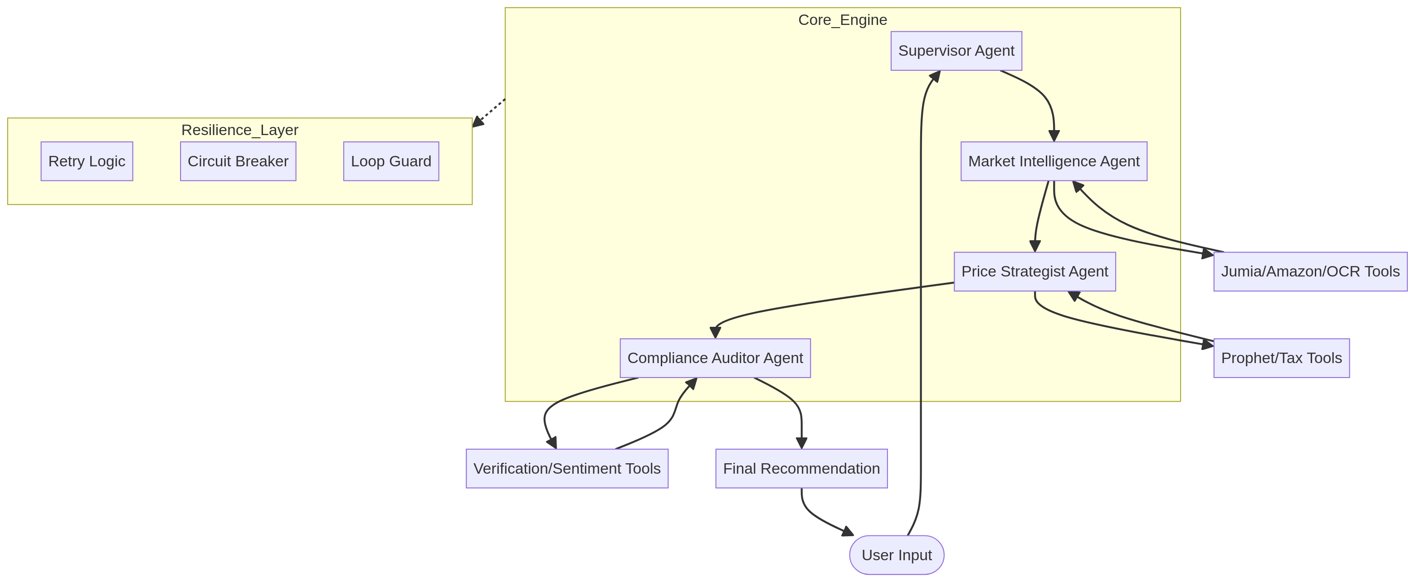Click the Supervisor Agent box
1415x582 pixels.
956,50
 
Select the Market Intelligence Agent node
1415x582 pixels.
1054,161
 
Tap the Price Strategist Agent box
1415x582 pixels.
1034,271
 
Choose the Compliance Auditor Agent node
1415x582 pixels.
715,358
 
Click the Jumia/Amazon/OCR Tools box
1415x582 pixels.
1310,271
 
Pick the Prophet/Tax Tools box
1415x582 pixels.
1281,358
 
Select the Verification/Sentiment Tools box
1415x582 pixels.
567,468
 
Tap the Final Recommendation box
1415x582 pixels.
801,468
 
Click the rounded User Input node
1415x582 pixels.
897,555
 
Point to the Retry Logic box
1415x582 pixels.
87,161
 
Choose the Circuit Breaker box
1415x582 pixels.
238,161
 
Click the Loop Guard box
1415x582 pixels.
390,161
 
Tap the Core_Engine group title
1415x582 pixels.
842,20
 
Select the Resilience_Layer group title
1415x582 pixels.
239,130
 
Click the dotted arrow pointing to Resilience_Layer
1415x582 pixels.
488,112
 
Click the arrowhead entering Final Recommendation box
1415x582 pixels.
801,442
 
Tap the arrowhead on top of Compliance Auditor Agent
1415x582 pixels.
715,333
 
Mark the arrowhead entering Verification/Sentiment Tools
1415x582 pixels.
552,442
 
